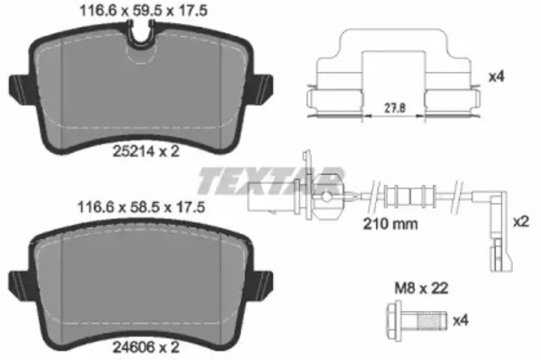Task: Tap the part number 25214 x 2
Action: pyautogui.click(x=146, y=152)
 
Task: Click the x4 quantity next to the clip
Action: pyautogui.click(x=498, y=77)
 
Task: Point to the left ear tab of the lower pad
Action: pyautogui.click(x=17, y=281)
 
